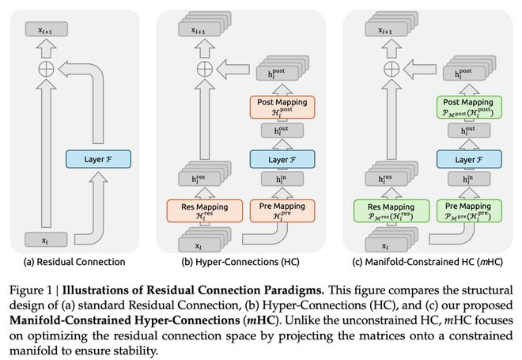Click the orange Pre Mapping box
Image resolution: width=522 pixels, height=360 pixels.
pyautogui.click(x=282, y=210)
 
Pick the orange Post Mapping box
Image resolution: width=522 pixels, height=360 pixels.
pyautogui.click(x=282, y=107)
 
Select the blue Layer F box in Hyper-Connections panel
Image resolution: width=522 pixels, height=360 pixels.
pyautogui.click(x=282, y=160)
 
